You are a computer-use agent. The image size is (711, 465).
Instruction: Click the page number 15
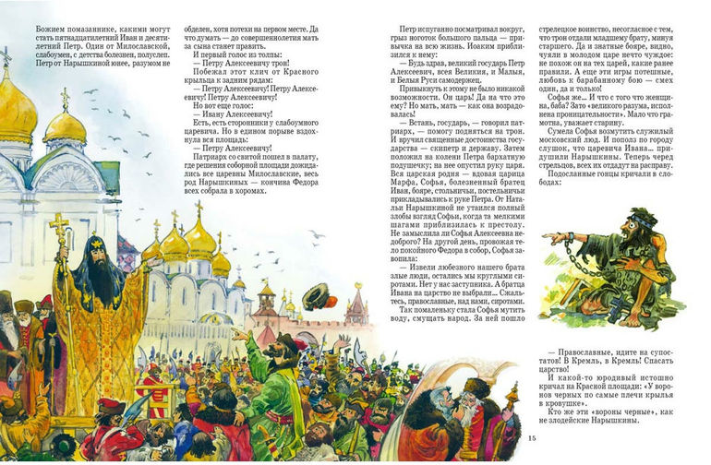tap(530, 436)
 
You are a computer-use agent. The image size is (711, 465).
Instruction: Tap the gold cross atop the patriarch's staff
tap(60, 225)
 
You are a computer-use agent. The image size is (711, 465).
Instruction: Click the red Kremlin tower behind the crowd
tap(355, 304)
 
